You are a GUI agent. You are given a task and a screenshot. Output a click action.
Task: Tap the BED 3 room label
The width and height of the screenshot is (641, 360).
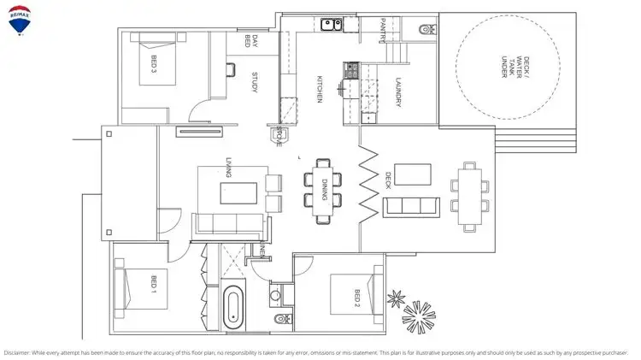click(154, 65)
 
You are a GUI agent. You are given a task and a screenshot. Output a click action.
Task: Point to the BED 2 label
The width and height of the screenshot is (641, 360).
click(358, 298)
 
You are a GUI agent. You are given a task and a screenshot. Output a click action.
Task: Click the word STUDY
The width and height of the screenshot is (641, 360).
click(255, 82)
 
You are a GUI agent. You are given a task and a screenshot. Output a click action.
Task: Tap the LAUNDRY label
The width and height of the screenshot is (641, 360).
click(398, 92)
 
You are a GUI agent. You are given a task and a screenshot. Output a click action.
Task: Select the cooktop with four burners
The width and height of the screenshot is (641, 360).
click(350, 72)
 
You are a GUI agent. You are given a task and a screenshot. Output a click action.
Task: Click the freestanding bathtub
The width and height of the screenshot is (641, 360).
click(232, 309)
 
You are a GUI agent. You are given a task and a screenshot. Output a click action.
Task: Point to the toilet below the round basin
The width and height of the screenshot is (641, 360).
click(282, 320)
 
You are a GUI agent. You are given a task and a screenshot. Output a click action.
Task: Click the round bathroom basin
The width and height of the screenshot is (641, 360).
click(275, 297)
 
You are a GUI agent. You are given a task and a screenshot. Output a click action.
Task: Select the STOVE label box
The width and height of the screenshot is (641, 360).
click(279, 137)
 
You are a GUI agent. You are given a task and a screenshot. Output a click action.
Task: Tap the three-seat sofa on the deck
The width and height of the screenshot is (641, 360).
click(413, 205)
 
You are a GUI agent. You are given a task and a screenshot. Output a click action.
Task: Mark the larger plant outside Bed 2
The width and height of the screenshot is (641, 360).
click(420, 319)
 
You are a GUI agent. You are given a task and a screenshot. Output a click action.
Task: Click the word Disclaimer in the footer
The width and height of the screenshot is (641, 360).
click(19, 351)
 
